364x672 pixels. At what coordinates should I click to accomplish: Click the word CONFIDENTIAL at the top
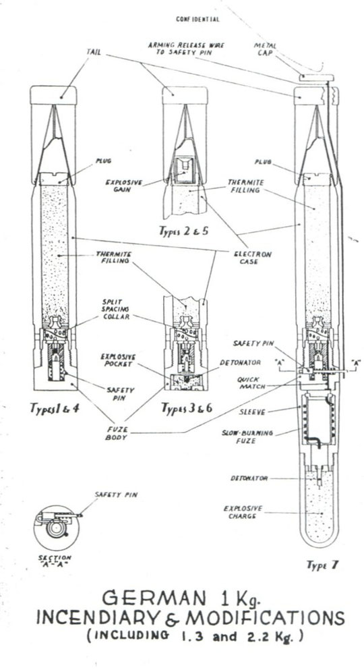[198, 20]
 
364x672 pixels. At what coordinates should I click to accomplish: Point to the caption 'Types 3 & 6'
[186, 408]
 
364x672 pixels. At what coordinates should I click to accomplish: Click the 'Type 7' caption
[322, 565]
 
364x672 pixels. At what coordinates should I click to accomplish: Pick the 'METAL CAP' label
[266, 49]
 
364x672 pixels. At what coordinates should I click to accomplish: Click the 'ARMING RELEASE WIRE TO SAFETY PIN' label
[186, 49]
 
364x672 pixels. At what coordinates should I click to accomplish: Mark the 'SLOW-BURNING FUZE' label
[247, 437]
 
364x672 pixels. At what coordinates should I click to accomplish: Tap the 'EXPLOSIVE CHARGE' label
[243, 512]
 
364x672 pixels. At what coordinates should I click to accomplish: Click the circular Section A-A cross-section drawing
[57, 527]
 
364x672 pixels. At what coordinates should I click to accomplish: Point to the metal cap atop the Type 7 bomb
[316, 78]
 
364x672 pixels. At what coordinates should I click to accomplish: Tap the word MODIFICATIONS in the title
[265, 617]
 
